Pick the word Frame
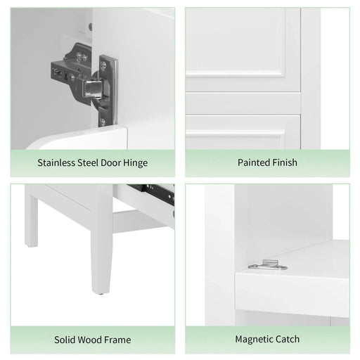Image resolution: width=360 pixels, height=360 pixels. (x=119, y=340)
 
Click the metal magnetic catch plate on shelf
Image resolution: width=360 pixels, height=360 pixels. (x=267, y=266)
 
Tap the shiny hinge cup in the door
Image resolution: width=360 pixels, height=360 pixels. (x=91, y=88)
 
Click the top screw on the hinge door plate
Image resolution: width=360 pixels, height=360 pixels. (x=103, y=65)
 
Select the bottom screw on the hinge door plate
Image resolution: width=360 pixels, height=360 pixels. (x=103, y=120)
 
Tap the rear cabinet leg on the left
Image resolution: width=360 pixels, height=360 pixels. (x=30, y=221)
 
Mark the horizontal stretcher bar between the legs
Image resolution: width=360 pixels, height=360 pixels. (x=137, y=223)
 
